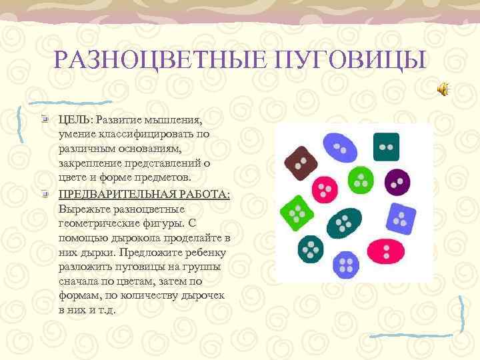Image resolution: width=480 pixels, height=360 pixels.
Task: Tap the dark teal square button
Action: [x=386, y=147]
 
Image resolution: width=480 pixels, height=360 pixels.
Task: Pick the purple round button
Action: [x=397, y=180]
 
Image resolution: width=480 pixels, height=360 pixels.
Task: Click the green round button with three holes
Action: [x=361, y=179]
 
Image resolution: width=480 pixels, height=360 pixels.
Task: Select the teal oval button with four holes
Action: [x=346, y=221]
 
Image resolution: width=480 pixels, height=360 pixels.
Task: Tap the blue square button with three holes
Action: [x=399, y=218]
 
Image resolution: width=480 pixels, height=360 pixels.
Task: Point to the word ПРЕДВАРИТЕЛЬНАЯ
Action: [x=117, y=194]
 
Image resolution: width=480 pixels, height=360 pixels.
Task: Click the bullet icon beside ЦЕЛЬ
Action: [x=43, y=119]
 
